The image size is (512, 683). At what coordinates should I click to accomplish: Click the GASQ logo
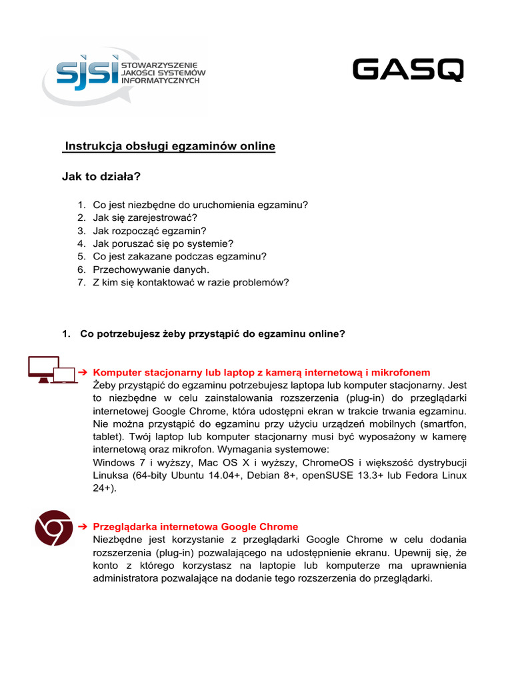pos(408,70)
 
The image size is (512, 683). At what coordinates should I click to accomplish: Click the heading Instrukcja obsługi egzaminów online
pos(169,147)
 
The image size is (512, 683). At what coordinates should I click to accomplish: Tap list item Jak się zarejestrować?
pos(145,218)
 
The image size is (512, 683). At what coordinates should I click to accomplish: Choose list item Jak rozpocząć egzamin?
pos(151,231)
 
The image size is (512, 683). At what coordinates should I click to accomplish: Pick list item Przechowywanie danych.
pos(151,269)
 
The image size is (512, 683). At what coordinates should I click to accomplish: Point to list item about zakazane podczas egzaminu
pos(179,257)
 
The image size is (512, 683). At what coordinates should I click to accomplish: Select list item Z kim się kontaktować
pos(191,283)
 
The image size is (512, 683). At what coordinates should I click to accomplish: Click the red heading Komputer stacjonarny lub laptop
pos(261,372)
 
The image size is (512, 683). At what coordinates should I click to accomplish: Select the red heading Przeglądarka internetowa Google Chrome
pos(195,526)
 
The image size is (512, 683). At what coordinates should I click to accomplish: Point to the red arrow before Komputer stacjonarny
pos(83,372)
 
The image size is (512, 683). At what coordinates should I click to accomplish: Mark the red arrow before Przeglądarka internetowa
pos(83,526)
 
